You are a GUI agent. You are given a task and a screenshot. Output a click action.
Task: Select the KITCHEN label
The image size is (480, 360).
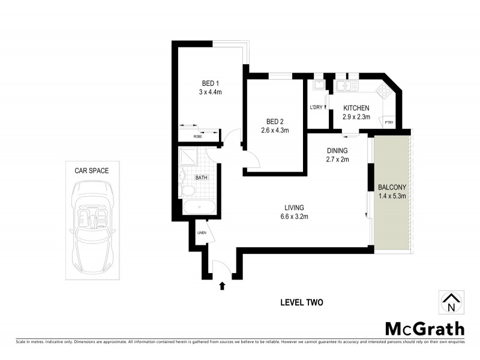pos(356,108)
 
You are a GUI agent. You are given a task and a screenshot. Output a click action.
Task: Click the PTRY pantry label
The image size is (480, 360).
pos(389,123)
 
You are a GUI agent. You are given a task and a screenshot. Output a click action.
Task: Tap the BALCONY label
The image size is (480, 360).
pos(392,187)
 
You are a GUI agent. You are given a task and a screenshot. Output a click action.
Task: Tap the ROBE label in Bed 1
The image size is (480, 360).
pos(197,137)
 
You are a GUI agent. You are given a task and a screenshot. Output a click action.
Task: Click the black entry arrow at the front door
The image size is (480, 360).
pos(223,286)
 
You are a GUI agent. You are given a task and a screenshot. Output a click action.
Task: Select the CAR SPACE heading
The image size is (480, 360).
pos(91,170)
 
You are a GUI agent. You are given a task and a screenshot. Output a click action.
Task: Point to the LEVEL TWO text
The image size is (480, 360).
pos(301,302)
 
